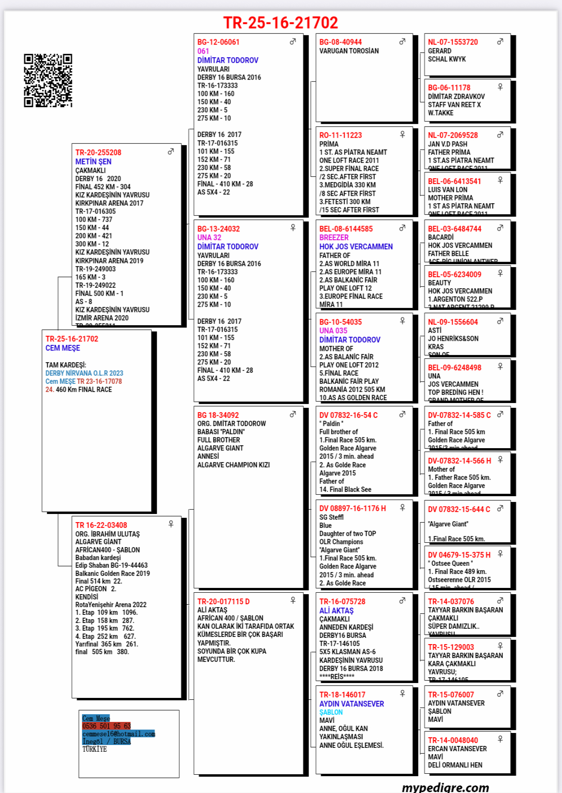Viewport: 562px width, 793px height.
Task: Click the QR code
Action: click(x=48, y=80)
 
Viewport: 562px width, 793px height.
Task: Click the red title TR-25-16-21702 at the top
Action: click(x=281, y=23)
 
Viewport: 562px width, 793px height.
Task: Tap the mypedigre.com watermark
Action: click(x=445, y=787)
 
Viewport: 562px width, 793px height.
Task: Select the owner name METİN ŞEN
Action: click(x=93, y=162)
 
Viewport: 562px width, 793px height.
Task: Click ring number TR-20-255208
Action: click(x=98, y=153)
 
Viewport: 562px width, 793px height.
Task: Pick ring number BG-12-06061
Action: click(x=218, y=42)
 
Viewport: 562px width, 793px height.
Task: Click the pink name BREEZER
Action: click(x=334, y=238)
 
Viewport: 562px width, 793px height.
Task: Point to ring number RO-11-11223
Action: click(x=341, y=135)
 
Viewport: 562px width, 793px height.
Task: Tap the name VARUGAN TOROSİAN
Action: click(x=349, y=51)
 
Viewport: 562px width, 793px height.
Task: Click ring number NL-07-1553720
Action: click(x=452, y=42)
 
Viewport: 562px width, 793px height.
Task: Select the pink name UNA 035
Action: click(x=333, y=331)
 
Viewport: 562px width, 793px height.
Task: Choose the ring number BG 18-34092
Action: click(x=218, y=415)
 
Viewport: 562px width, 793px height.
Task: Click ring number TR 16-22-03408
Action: click(x=101, y=525)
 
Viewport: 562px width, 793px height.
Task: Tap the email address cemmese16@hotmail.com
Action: click(x=119, y=734)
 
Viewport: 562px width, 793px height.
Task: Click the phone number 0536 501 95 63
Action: click(x=106, y=726)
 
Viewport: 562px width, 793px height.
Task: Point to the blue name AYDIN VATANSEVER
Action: click(x=352, y=704)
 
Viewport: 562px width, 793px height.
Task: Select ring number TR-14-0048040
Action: click(x=452, y=741)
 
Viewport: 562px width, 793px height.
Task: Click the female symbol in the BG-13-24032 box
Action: click(x=293, y=228)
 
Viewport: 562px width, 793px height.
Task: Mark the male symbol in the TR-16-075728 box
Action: click(x=402, y=600)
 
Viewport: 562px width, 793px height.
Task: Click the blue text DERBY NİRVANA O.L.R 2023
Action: click(x=84, y=373)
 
